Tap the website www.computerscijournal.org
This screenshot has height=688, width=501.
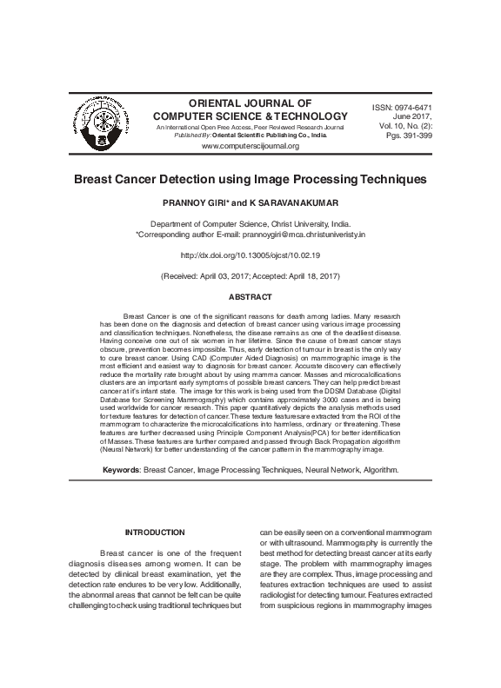pos(250,146)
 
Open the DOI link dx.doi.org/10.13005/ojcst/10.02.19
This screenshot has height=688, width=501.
pos(250,255)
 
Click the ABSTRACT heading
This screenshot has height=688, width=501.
pos(250,297)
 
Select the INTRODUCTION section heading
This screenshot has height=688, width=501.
pos(155,532)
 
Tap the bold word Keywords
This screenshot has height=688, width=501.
pos(121,468)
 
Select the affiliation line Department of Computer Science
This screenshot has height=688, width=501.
pos(250,223)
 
